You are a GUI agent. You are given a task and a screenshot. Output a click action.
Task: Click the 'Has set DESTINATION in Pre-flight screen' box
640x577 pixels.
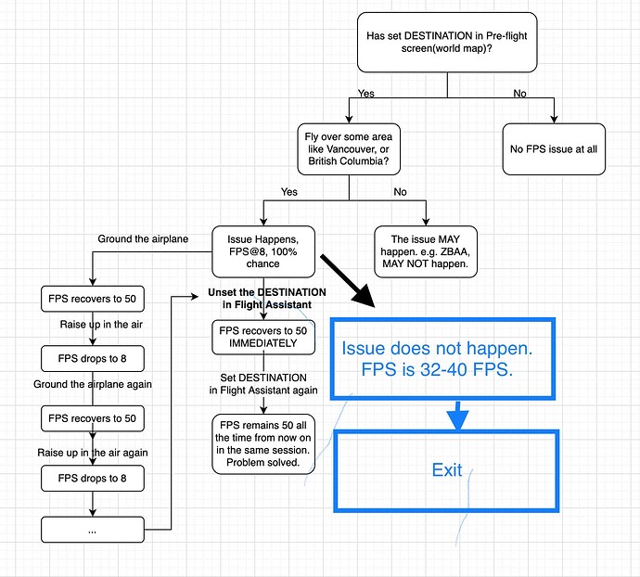(x=447, y=42)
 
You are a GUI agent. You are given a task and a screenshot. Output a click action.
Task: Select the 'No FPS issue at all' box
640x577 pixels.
(x=554, y=149)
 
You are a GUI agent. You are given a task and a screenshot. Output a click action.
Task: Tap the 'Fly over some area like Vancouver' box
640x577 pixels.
(x=349, y=149)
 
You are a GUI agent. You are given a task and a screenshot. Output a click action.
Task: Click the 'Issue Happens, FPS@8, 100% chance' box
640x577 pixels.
(x=263, y=251)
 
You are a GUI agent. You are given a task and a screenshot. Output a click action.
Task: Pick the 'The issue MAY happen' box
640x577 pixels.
(x=426, y=251)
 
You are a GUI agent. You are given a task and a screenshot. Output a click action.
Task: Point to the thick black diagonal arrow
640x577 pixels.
(x=347, y=280)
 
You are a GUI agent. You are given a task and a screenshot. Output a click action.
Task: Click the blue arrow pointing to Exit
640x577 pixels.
(x=457, y=416)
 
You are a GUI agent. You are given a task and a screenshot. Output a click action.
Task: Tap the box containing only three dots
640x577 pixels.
(x=93, y=529)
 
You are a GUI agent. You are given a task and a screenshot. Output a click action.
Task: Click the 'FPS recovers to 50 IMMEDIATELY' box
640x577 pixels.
(x=263, y=337)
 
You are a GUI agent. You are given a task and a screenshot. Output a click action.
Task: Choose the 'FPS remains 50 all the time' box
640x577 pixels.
(x=263, y=443)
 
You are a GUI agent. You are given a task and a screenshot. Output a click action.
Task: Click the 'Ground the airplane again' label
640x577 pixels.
(x=93, y=384)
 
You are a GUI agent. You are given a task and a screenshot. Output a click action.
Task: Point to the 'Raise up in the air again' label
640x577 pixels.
(x=93, y=453)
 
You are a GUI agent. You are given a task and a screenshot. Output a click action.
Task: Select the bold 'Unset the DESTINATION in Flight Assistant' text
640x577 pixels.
(x=267, y=299)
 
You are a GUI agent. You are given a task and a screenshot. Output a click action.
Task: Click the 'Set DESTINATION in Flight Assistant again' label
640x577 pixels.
(x=263, y=384)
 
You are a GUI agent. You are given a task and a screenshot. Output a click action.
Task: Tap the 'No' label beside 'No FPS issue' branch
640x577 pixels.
(x=519, y=94)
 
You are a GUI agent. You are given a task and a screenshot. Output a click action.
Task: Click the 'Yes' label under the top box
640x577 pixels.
(x=365, y=94)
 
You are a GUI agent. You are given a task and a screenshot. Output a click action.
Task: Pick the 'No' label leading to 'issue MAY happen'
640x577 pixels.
(x=400, y=192)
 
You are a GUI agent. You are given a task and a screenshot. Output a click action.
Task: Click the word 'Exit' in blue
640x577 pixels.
(x=447, y=470)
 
